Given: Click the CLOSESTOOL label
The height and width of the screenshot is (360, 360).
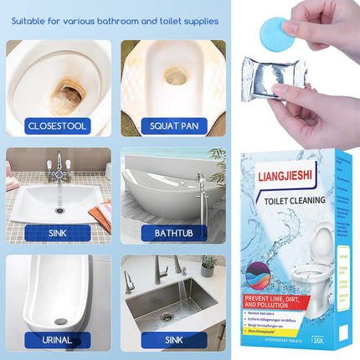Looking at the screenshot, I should (57, 126).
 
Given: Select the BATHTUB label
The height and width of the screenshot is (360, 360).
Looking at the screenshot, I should (173, 233).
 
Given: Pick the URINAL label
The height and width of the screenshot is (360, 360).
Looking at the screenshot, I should (57, 340).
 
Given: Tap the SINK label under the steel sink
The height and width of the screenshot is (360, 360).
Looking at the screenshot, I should (173, 340).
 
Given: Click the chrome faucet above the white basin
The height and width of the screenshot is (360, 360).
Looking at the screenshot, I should (59, 162).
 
